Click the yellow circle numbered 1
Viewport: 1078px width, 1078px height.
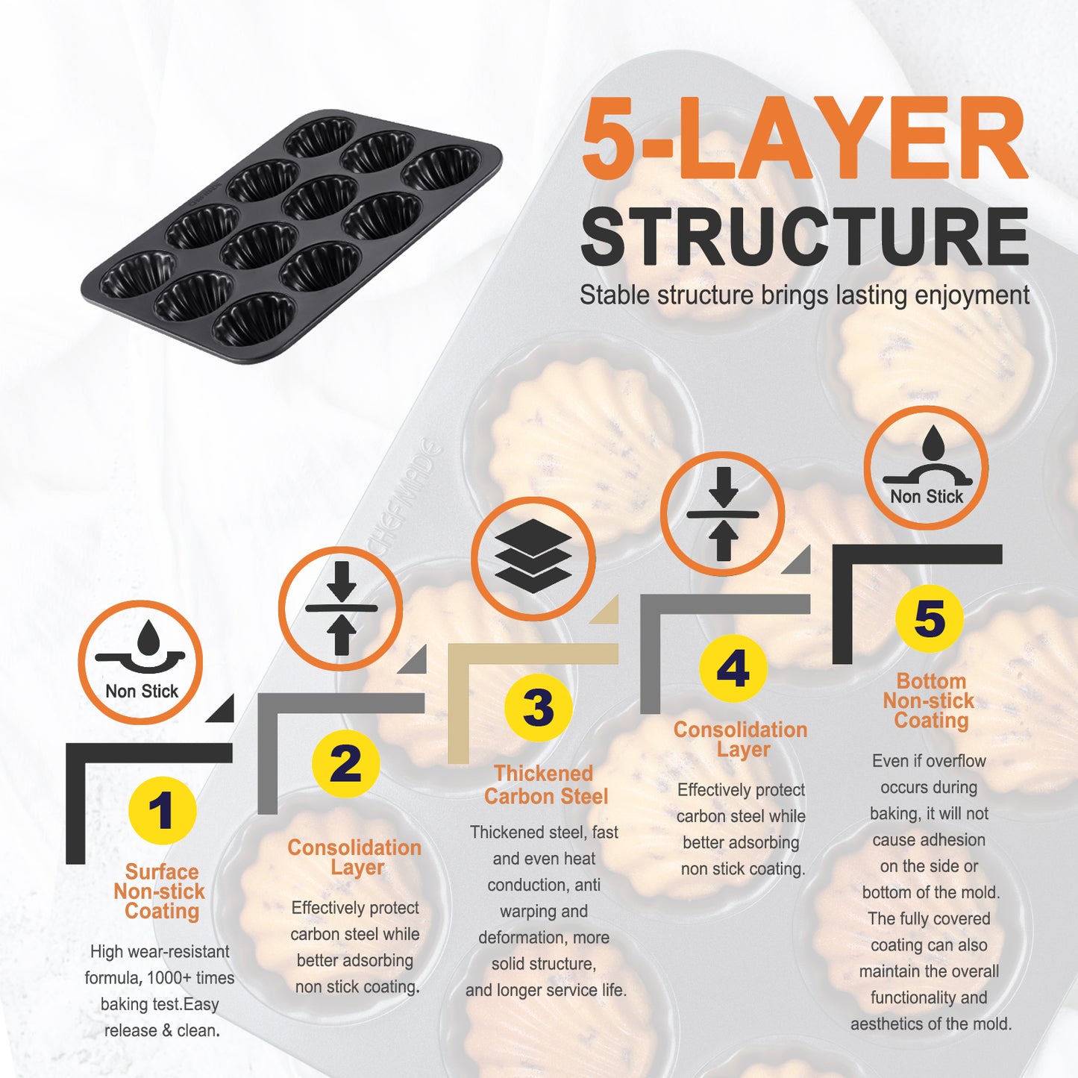point(162,810)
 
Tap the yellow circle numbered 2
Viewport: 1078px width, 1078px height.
point(345,763)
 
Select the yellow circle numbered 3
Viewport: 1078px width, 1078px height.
point(538,707)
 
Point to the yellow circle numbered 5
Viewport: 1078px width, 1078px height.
point(930,618)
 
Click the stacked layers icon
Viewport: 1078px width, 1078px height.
point(533,556)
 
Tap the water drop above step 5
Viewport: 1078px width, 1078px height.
point(932,442)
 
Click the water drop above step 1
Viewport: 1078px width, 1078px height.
point(148,637)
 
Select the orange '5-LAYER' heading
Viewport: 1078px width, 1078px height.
point(804,137)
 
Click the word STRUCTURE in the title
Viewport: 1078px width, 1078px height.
point(804,236)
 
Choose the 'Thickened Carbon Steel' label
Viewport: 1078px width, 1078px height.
point(545,785)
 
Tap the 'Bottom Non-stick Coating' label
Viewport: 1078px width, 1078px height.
point(930,701)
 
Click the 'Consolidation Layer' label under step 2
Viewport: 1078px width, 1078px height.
point(354,857)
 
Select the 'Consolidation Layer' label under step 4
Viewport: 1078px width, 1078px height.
point(741,739)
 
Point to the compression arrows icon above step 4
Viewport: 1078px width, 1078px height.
point(723,513)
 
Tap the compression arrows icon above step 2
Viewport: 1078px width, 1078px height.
point(341,608)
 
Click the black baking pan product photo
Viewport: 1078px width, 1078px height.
point(291,236)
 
